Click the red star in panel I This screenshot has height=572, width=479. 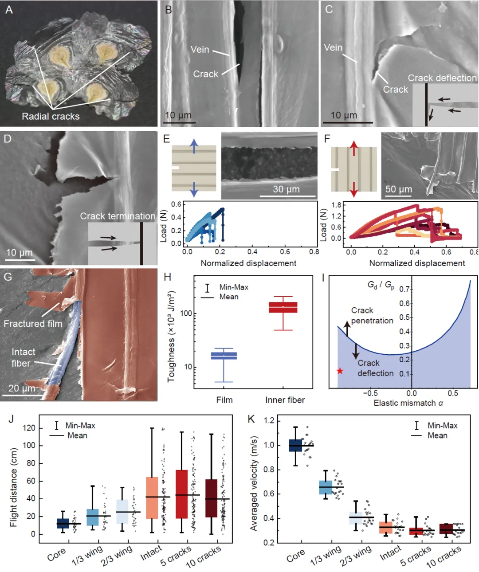[340, 371]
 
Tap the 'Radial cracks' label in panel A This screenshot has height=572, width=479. [51, 116]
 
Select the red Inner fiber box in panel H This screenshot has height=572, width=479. [283, 307]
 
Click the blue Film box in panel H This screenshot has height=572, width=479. [224, 356]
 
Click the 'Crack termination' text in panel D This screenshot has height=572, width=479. [118, 216]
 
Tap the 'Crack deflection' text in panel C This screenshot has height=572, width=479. [442, 78]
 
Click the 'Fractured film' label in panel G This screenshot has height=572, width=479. [33, 324]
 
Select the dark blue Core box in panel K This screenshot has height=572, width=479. [295, 445]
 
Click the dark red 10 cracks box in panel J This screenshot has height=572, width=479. [212, 498]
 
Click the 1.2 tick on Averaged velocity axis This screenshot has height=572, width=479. [269, 420]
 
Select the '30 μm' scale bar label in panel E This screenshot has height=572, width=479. [286, 189]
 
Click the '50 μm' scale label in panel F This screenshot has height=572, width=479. [399, 189]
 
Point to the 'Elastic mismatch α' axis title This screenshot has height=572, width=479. [408, 403]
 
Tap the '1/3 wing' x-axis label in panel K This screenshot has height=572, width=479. [326, 556]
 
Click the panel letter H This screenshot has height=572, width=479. [168, 278]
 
